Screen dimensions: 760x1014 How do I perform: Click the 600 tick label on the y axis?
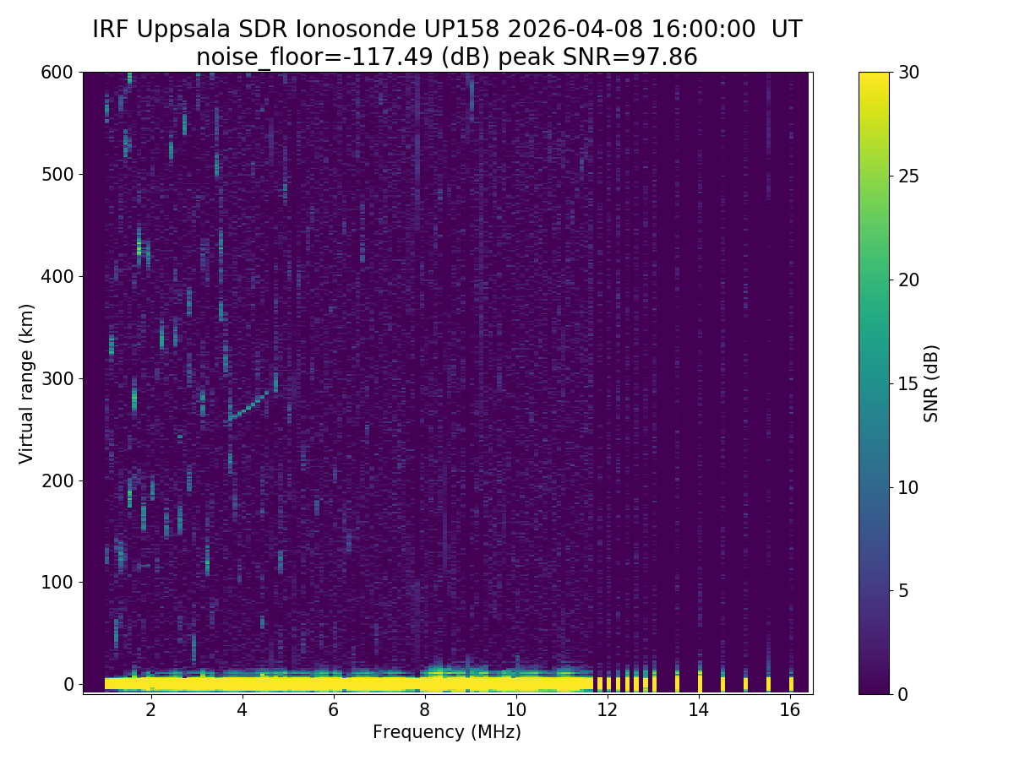tap(57, 73)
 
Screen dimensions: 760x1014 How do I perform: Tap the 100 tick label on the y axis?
tap(57, 582)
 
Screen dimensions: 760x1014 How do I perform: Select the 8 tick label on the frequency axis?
tap(424, 709)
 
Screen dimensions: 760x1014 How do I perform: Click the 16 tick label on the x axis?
tap(789, 709)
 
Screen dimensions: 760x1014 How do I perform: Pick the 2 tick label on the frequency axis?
tap(150, 709)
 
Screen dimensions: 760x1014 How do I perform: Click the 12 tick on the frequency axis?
tap(607, 693)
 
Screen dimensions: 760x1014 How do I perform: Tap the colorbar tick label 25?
tap(909, 176)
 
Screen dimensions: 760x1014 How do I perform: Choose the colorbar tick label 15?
tap(909, 383)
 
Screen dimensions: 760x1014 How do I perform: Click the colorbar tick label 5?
tap(904, 590)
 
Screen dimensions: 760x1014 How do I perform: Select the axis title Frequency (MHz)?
tap(446, 732)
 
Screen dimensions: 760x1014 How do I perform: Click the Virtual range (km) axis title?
tap(27, 383)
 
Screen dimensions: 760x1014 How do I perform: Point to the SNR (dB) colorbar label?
tap(931, 383)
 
